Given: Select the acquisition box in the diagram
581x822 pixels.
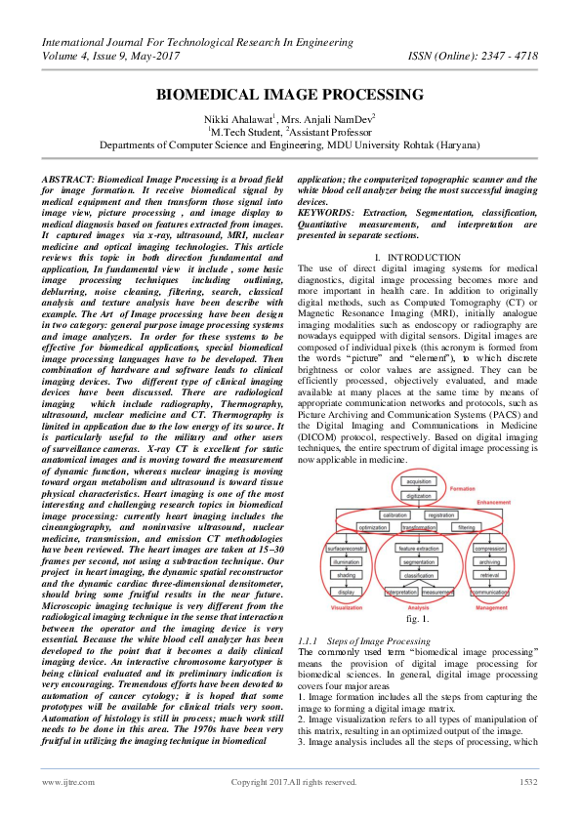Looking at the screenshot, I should (x=418, y=482).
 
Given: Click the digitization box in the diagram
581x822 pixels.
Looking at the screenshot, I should (x=418, y=495).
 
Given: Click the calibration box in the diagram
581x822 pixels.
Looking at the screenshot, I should (x=394, y=514).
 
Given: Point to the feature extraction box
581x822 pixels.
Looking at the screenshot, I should (x=418, y=551).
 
